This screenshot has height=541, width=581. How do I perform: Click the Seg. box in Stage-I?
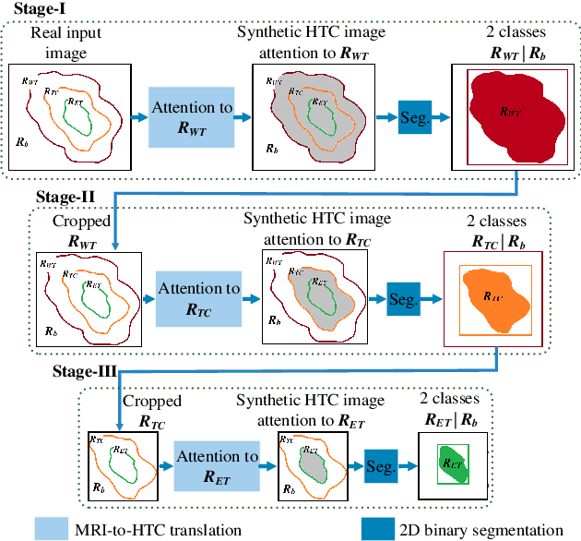415,117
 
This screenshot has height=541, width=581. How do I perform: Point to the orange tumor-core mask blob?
492,294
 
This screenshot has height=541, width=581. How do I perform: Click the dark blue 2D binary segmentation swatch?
377,528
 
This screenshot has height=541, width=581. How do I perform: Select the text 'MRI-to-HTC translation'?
167,529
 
